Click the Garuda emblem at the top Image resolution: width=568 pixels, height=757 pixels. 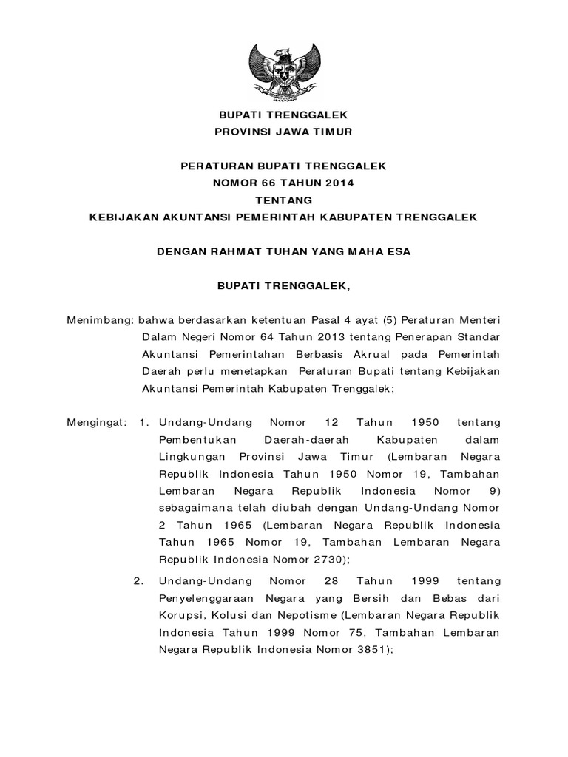pyautogui.click(x=283, y=72)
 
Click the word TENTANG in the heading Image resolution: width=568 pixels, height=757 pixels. pyautogui.click(x=284, y=200)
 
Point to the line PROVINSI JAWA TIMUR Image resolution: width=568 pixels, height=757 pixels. pyautogui.click(x=283, y=132)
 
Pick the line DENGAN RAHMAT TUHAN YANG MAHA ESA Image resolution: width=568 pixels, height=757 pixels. pyautogui.click(x=283, y=251)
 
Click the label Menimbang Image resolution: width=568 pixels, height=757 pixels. pyautogui.click(x=98, y=320)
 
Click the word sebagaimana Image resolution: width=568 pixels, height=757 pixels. pyautogui.click(x=195, y=507)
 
